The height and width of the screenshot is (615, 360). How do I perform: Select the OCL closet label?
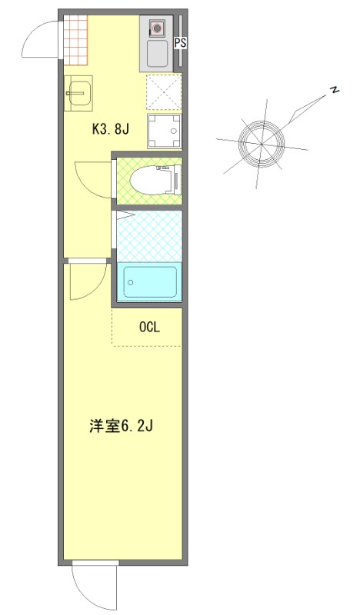pyautogui.click(x=148, y=327)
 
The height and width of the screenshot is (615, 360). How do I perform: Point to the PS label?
pyautogui.click(x=180, y=44)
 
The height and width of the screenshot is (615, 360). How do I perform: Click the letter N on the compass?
pyautogui.click(x=335, y=90)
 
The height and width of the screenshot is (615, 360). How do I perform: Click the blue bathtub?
pyautogui.click(x=149, y=282)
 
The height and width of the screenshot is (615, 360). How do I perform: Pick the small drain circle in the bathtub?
pyautogui.click(x=131, y=282)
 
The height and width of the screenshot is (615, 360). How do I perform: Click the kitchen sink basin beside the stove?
pyautogui.click(x=158, y=54)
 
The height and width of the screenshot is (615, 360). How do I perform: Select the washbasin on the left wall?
pyautogui.click(x=78, y=95)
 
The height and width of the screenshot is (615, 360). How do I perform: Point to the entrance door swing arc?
pyautogui.click(x=38, y=42)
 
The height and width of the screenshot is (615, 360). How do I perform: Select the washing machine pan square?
pyautogui.click(x=165, y=131)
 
